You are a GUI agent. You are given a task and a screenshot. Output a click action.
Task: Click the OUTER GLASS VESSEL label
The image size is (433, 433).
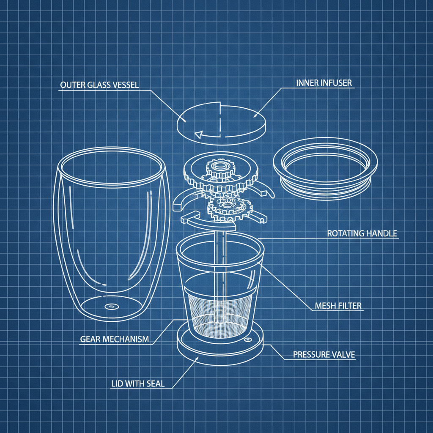(x=99, y=85)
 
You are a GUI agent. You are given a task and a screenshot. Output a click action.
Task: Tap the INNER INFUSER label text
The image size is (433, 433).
(x=323, y=83)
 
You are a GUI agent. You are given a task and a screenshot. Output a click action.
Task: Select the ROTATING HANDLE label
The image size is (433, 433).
(x=362, y=233)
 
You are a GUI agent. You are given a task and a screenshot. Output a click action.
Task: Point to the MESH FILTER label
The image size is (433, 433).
(x=338, y=305)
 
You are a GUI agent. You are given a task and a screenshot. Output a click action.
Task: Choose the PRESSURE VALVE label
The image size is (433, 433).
(x=324, y=354)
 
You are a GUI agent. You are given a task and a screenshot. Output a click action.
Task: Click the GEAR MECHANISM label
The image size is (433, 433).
(x=114, y=339)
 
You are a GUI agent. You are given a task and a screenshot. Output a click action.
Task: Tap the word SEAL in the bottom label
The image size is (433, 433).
(x=155, y=384)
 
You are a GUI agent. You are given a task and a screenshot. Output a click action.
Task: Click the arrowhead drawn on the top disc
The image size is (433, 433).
(x=197, y=135)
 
